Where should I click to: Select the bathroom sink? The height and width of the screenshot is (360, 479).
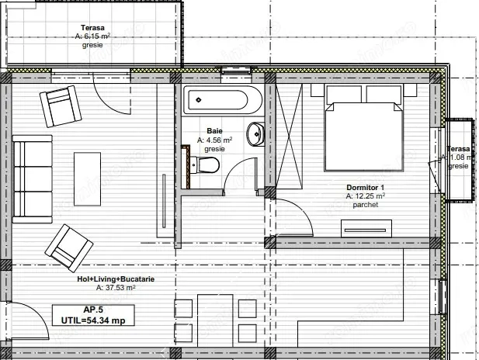pos(255,134)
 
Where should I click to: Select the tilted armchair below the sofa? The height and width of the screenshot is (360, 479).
pos(64,244)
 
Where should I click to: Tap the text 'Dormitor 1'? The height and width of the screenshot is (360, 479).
pos(365,188)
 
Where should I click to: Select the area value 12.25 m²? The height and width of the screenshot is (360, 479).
pos(365,197)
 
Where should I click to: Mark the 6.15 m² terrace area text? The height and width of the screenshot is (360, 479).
pos(92,36)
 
